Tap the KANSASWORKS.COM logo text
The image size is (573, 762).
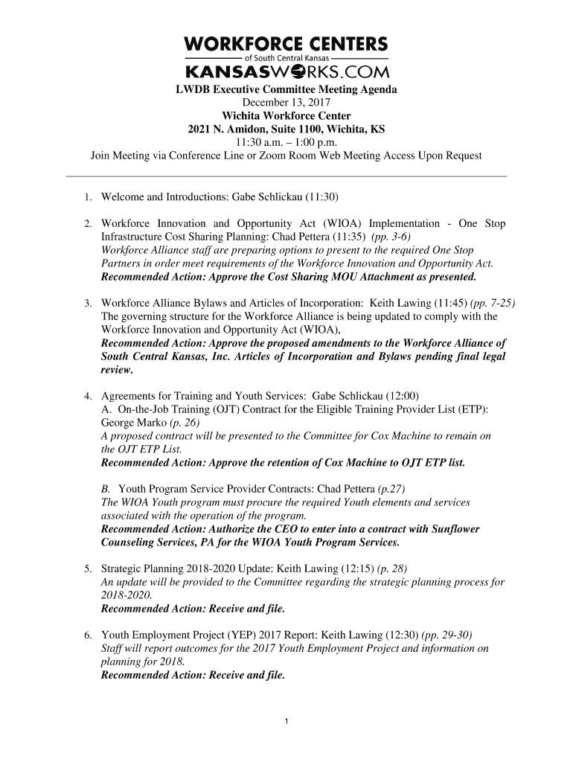286,71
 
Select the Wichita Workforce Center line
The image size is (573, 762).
286,115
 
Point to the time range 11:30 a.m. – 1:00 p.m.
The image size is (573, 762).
286,142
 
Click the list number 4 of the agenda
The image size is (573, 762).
88,396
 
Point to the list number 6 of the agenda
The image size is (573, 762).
88,635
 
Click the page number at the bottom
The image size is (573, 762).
286,721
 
